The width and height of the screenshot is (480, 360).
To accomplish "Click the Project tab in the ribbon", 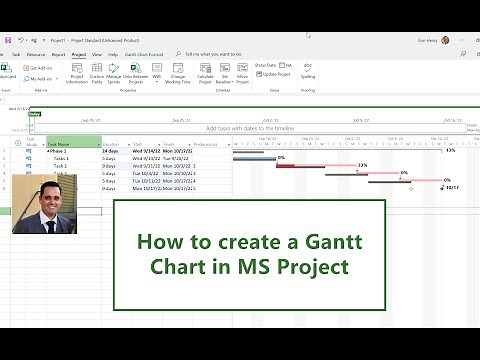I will [78, 54].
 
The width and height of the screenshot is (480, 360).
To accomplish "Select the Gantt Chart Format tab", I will [145, 54].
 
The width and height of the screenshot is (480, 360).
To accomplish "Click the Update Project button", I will [276, 74].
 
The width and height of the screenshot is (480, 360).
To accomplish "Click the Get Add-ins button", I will [41, 67].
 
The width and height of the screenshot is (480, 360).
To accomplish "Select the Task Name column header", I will [72, 143].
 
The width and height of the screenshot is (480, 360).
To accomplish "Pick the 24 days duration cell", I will [111, 150].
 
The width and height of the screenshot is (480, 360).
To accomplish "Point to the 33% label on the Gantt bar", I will [362, 166].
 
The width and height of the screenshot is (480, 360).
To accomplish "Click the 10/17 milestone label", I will [452, 187].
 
